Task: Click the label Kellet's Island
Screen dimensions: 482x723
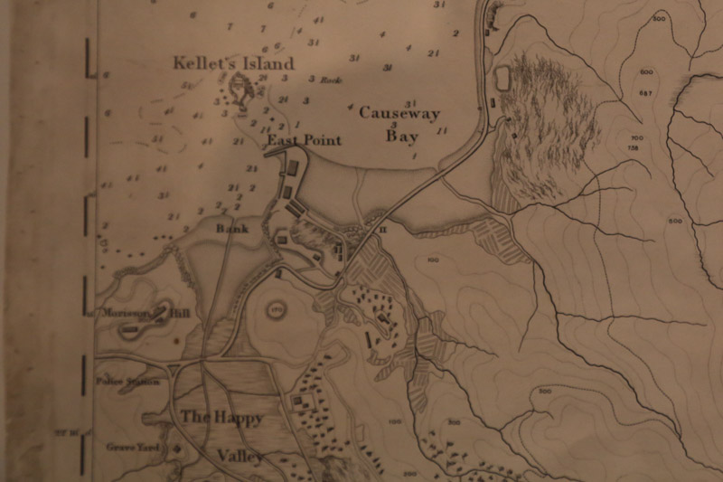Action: click(x=234, y=63)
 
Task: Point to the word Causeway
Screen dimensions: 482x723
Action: click(x=399, y=113)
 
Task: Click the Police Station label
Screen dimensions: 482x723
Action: click(x=133, y=381)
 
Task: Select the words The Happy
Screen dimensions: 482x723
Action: click(x=221, y=418)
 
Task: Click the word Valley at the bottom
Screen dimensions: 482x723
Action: click(x=239, y=456)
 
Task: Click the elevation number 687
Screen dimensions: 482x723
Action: click(x=645, y=93)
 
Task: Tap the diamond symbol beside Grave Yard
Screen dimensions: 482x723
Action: click(x=177, y=446)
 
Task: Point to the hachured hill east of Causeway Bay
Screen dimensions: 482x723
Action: click(x=551, y=127)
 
